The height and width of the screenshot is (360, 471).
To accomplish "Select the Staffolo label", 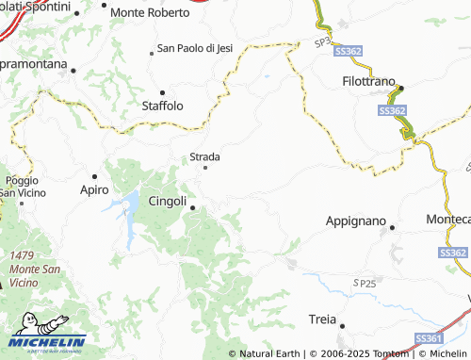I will point(162,106).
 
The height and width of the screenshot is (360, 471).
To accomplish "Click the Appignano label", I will point(356,221).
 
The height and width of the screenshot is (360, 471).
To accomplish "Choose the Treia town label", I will point(322,319).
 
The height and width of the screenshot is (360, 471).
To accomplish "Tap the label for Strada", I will point(205,156).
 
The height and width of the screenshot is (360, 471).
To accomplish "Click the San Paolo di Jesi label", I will point(195,48).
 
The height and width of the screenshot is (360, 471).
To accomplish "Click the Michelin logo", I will point(48,335).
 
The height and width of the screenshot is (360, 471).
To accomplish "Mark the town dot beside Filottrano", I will point(400,89).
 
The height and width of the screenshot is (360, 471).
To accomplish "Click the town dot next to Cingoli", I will point(192,207).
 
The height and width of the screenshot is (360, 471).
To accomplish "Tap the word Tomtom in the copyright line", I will point(388,353).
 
